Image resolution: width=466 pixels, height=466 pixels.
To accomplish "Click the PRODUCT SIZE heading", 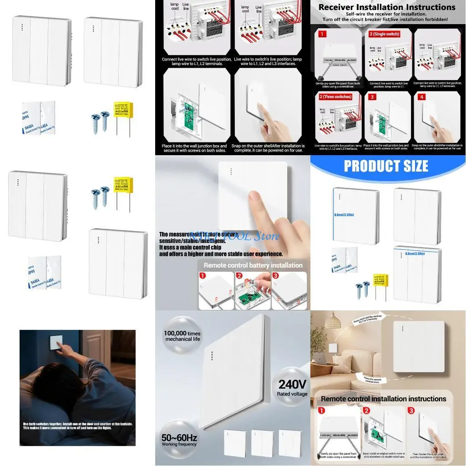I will coord(386,166).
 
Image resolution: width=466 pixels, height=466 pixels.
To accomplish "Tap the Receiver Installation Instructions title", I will coord(387,7).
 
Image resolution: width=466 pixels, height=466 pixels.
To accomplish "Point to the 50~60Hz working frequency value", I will coord(179,438).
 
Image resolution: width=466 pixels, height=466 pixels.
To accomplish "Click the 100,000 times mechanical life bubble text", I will coord(182,336).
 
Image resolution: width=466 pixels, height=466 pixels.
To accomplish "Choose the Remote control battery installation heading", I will coord(253,265).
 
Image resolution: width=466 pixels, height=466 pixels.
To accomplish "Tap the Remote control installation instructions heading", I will coord(384,399).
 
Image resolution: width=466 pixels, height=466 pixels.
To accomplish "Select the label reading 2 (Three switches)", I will coord(335,97).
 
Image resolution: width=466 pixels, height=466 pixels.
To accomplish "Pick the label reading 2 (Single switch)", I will coord(384,34).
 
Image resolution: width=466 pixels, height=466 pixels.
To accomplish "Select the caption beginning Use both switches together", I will coord(77,426).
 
